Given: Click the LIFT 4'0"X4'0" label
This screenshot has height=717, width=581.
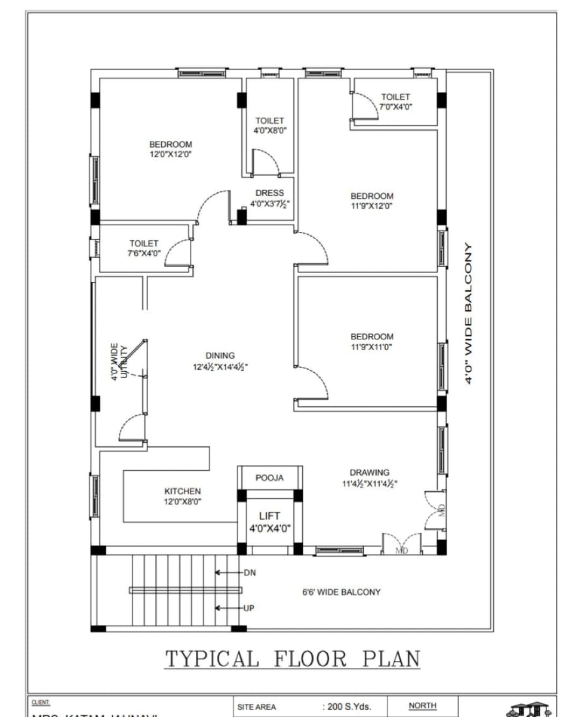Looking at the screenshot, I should click(x=269, y=522).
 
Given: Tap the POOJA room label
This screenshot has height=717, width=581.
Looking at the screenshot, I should click(x=269, y=478).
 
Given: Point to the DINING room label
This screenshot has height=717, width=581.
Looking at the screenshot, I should click(x=220, y=361).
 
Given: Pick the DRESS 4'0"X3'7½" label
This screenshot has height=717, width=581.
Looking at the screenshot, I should click(x=269, y=198).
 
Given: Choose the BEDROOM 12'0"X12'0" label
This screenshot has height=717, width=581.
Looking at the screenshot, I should click(x=171, y=149).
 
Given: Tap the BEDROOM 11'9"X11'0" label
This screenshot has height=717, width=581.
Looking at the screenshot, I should click(x=372, y=341).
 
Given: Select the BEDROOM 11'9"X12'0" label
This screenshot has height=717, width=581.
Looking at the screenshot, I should click(x=372, y=201).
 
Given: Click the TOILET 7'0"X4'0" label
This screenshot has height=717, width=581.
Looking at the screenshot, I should click(x=396, y=101).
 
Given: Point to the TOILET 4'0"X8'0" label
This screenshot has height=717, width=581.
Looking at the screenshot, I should click(x=270, y=125).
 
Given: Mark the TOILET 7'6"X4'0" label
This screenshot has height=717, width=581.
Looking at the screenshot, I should click(x=144, y=248).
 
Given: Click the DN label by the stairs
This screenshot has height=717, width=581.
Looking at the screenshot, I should click(x=250, y=572).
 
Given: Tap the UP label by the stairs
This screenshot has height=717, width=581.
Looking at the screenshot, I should click(x=250, y=608).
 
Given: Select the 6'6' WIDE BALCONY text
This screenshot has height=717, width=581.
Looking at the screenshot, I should click(x=341, y=592).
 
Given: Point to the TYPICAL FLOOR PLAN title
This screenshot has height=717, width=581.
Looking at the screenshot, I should click(x=292, y=658).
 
